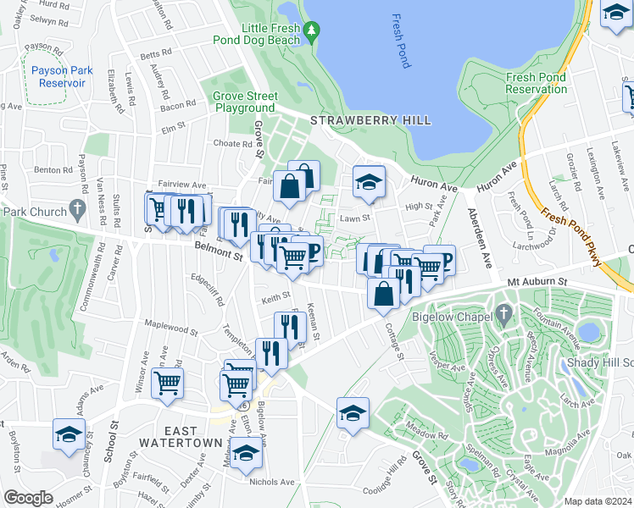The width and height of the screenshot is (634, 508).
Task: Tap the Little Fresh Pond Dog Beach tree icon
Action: pos(312,31)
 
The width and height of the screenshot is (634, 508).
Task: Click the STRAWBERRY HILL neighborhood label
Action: pos(370,121)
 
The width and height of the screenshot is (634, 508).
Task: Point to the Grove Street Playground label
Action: pos(244,102)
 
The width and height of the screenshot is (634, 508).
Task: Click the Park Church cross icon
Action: pos(77,207)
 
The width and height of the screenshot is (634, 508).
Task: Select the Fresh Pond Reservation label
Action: pos(536,83)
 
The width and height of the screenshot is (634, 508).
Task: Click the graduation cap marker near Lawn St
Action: pos(369,181)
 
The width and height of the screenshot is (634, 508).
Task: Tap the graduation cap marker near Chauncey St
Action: pos(69,434)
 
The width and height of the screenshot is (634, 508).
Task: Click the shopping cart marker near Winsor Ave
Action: pos(168,381)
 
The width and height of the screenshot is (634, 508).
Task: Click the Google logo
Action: pos(28,498)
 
